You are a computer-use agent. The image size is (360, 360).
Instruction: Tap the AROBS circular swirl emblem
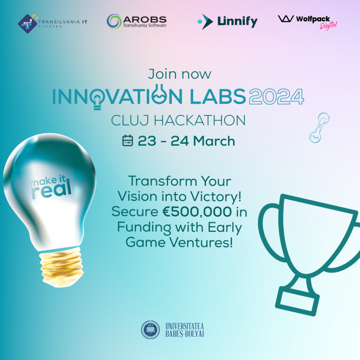[114, 21]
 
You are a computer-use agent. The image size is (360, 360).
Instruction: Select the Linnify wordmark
[237, 21]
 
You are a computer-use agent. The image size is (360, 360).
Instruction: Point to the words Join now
[180, 74]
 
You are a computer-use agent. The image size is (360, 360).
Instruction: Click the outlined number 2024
[276, 96]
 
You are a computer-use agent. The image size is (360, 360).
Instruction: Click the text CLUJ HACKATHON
[178, 121]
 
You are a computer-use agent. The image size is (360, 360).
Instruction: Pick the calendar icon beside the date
[127, 141]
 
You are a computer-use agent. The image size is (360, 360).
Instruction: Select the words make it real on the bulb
[51, 186]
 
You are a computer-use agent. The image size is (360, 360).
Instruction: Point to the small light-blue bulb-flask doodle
[319, 128]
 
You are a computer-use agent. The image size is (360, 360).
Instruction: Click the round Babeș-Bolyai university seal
[150, 330]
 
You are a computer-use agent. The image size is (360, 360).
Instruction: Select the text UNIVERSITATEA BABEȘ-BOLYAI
[185, 330]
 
